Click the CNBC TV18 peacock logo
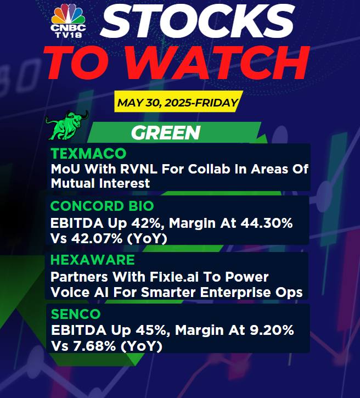pyautogui.click(x=68, y=21)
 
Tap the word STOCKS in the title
pyautogui.click(x=198, y=21)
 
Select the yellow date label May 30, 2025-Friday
pyautogui.click(x=178, y=103)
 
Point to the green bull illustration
pyautogui.click(x=66, y=125)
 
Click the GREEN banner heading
pyautogui.click(x=166, y=133)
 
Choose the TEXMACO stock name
pyautogui.click(x=88, y=153)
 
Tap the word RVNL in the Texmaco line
pyautogui.click(x=139, y=169)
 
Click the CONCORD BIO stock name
pyautogui.click(x=102, y=206)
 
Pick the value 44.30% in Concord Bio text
pyautogui.click(x=266, y=223)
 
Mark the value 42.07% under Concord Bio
pyautogui.click(x=97, y=239)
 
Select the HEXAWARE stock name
pyautogui.click(x=93, y=260)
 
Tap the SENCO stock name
pyautogui.click(x=76, y=314)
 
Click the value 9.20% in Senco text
pyautogui.click(x=272, y=330)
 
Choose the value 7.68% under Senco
pyautogui.click(x=94, y=346)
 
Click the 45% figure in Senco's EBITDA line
pyautogui.click(x=151, y=330)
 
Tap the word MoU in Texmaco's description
pyautogui.click(x=65, y=169)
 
